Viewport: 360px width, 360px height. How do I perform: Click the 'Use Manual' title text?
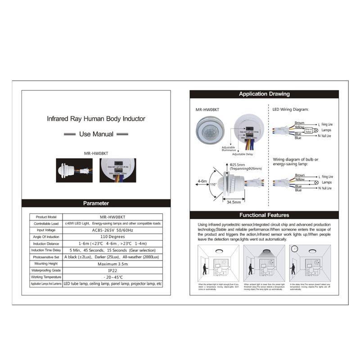click(96, 134)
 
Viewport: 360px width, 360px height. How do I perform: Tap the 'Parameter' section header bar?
click(96, 203)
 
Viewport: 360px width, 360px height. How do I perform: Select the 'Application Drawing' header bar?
click(264, 94)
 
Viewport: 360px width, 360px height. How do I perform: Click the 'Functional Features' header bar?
click(264, 215)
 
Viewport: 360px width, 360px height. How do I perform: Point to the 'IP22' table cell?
click(112, 270)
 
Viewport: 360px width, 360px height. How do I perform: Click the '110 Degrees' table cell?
click(112, 237)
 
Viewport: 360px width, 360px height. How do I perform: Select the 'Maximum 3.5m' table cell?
click(112, 264)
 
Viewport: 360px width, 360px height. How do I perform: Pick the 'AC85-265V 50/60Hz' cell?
click(112, 230)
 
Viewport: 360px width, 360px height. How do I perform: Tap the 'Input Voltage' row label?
click(46, 230)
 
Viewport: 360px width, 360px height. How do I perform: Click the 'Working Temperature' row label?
click(46, 277)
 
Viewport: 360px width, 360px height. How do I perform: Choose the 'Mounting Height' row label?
click(46, 264)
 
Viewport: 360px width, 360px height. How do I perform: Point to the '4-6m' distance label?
click(202, 182)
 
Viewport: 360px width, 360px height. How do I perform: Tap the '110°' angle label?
click(213, 184)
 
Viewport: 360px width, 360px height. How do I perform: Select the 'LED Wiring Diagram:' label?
click(290, 109)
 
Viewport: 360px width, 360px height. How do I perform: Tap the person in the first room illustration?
click(205, 270)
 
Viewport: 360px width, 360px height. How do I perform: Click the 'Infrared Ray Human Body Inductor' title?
click(96, 119)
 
